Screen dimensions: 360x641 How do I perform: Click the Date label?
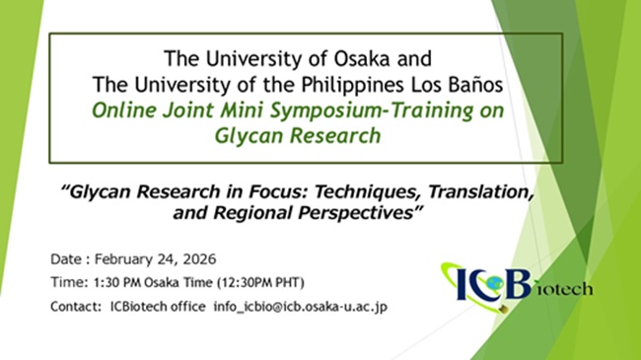point(68,259)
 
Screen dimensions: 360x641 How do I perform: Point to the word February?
point(128,259)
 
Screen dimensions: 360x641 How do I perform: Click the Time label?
point(68,283)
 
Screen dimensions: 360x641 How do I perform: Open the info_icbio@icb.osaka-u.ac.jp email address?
point(301,307)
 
